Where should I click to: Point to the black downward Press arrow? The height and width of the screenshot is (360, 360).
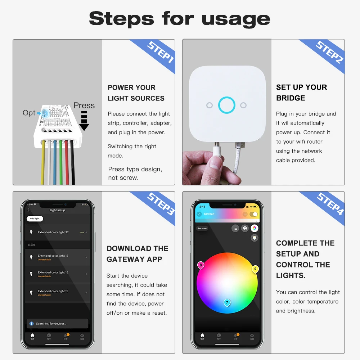point(84,121)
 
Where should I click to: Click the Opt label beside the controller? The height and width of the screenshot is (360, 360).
point(29,113)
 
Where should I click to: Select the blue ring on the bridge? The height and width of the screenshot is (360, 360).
point(227,105)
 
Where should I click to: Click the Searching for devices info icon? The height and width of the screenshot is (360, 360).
point(31,324)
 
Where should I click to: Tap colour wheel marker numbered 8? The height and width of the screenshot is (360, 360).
point(201,266)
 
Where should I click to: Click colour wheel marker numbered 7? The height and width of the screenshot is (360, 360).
point(227,303)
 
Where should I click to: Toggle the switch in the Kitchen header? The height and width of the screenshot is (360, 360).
point(254,214)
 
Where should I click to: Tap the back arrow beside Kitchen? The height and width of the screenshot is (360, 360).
point(199,214)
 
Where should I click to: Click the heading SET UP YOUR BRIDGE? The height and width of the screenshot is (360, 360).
point(301,93)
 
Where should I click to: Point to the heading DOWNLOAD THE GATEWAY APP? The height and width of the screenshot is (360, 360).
point(137,254)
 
